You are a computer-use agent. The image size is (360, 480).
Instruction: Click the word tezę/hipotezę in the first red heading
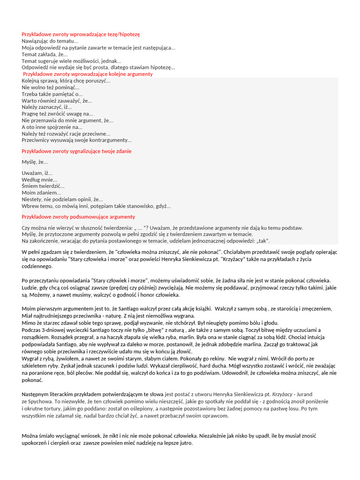pyautogui.click(x=123, y=34)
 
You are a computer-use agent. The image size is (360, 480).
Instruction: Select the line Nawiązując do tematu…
pyautogui.click(x=50, y=41)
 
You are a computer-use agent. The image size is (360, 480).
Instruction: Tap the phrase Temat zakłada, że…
pyautogui.click(x=45, y=54)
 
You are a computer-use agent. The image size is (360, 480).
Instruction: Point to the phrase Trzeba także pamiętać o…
pyautogui.click(x=52, y=94)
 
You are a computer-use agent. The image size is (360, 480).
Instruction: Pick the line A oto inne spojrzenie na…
pyautogui.click(x=52, y=127)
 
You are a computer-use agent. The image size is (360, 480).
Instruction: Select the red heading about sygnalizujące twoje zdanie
pyautogui.click(x=77, y=151)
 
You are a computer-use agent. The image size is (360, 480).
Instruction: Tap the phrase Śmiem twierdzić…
pyautogui.click(x=43, y=186)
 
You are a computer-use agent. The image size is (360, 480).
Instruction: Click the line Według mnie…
pyautogui.click(x=39, y=180)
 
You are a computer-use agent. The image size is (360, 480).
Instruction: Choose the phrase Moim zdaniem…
pyautogui.click(x=41, y=193)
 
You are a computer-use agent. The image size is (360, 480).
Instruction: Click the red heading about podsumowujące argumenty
pyautogui.click(x=78, y=217)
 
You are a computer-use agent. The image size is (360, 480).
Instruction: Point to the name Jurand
pyautogui.click(x=303, y=394)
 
